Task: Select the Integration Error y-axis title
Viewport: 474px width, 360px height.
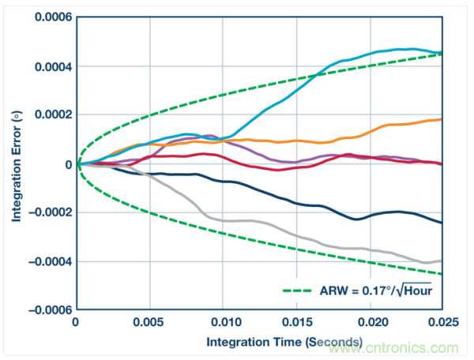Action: point(15,164)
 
